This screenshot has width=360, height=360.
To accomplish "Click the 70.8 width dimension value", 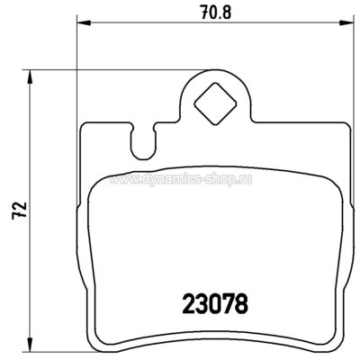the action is click(x=216, y=13).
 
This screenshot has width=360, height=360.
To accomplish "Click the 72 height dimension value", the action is click(x=20, y=211).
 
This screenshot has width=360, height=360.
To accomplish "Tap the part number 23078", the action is click(x=215, y=303).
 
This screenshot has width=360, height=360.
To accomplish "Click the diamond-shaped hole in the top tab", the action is click(x=215, y=103).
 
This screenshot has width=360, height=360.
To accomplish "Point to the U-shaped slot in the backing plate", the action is click(x=143, y=141).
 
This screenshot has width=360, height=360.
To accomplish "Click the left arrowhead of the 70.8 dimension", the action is click(x=84, y=23).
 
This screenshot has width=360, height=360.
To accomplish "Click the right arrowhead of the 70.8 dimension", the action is click(x=346, y=23).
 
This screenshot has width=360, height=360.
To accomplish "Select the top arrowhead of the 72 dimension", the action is click(x=29, y=76).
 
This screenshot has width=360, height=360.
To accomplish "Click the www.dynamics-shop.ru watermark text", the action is click(x=180, y=179).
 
